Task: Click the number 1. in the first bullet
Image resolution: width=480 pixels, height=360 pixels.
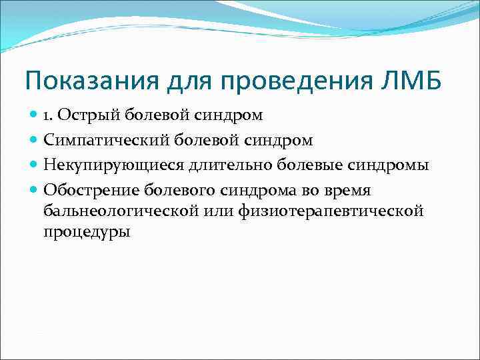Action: (x=50, y=115)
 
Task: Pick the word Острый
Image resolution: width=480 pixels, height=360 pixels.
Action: (x=86, y=115)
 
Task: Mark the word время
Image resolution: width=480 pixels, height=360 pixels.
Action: (x=347, y=191)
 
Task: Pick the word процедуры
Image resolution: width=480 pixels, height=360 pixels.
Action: (x=87, y=233)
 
